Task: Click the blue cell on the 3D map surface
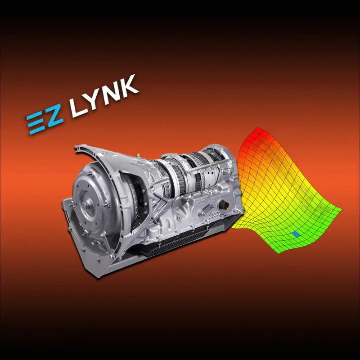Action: [x=296, y=234]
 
